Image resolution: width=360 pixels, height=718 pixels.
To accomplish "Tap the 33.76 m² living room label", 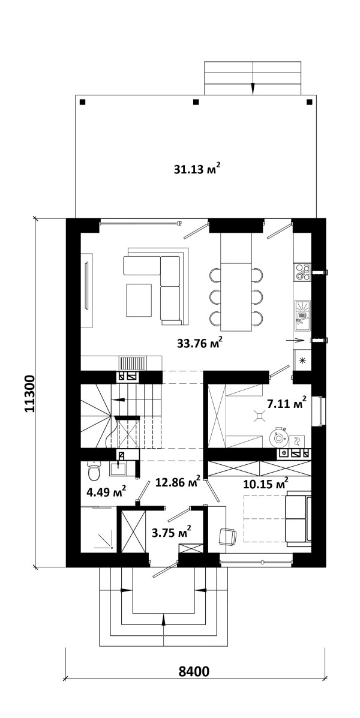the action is [x=200, y=343].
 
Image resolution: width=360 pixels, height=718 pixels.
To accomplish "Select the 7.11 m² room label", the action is [x=286, y=403].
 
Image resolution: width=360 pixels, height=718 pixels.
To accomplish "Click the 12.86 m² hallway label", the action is [x=178, y=481].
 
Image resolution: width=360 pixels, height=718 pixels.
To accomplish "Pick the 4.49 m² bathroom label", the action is [x=106, y=492].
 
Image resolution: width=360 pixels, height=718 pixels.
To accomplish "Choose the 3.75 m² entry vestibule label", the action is [x=171, y=533].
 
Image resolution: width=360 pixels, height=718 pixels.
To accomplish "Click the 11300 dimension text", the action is [x=29, y=394].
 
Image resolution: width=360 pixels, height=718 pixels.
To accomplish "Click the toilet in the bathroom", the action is [x=94, y=471].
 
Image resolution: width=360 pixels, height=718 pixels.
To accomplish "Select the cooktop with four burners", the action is [x=302, y=272].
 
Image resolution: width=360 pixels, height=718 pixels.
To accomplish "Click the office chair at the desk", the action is [x=228, y=536].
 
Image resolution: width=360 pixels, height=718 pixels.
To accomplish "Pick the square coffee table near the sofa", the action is [x=139, y=300].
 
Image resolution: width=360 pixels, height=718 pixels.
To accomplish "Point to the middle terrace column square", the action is [x=196, y=101].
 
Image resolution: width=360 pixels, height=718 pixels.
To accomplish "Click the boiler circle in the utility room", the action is [x=278, y=437].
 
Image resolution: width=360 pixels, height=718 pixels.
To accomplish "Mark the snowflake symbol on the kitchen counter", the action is [x=302, y=360].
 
